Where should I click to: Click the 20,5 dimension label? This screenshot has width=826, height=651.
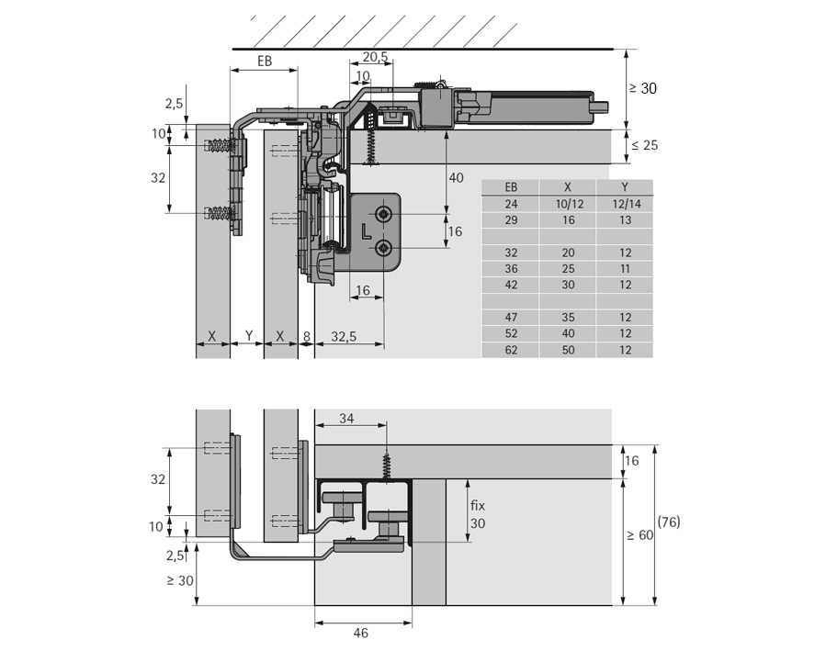click(374, 57)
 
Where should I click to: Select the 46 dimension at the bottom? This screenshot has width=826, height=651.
click(360, 633)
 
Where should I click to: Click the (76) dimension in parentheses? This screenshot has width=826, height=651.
click(669, 522)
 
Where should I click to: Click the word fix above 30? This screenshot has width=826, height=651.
click(477, 505)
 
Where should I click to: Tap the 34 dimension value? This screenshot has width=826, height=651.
click(346, 419)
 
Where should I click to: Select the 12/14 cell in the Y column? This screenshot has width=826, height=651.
click(624, 203)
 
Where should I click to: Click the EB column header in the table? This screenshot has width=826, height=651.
click(511, 186)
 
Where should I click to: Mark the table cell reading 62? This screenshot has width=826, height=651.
click(511, 350)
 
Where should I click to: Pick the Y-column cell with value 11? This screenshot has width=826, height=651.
click(624, 268)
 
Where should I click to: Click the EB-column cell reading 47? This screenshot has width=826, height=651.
click(511, 317)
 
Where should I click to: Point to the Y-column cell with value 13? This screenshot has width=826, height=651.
click(624, 220)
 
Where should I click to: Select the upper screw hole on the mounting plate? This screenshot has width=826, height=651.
click(381, 215)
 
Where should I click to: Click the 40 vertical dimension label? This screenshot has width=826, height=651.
click(456, 178)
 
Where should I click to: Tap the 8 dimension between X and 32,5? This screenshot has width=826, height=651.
click(306, 336)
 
